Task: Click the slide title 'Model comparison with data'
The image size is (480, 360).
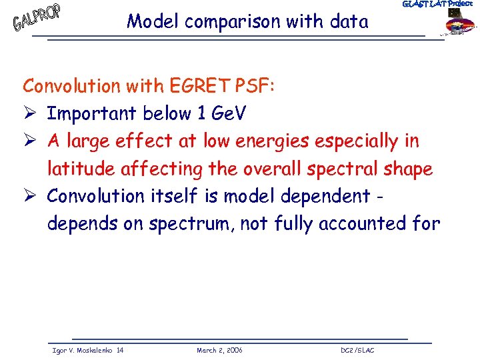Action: coord(247,22)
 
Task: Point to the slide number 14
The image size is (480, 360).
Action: coord(119,350)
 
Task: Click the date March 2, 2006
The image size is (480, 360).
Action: coord(219,350)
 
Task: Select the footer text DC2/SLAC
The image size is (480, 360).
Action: coord(357,350)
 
